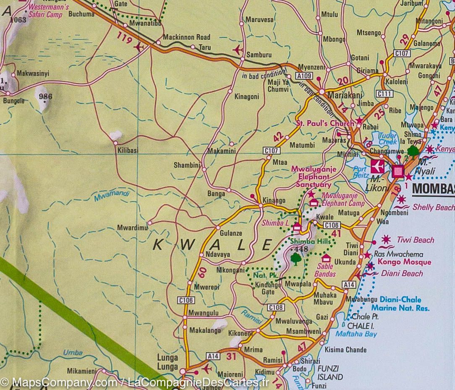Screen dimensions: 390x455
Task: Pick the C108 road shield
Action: [x=276, y=307]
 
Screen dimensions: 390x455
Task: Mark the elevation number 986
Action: [x=45, y=97]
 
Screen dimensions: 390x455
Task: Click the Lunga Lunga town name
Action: [x=167, y=361]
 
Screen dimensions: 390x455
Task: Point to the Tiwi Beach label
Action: [x=416, y=240]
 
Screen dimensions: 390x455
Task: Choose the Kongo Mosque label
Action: [x=404, y=262]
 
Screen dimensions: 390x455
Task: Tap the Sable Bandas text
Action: [x=325, y=270]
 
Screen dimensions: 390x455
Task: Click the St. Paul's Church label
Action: [x=325, y=123]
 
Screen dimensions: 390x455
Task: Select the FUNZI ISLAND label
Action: [x=330, y=373]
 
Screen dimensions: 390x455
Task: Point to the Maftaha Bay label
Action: [x=356, y=334]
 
